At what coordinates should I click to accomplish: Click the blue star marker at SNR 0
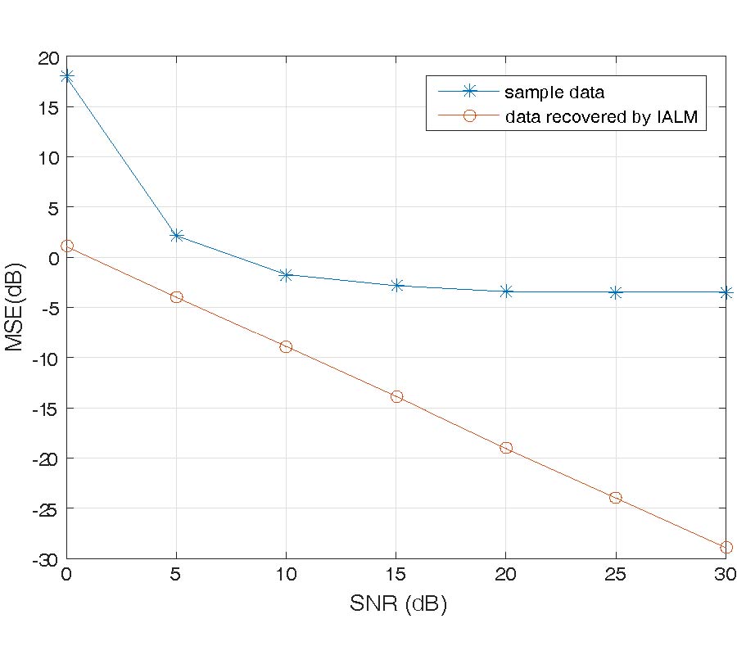tap(66, 76)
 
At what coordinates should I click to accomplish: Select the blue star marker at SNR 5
tap(176, 236)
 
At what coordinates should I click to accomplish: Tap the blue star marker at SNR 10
tap(286, 275)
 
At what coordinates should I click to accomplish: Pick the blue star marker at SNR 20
tap(506, 291)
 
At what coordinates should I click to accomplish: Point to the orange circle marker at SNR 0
tap(67, 246)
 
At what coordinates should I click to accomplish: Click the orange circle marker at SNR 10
tap(286, 346)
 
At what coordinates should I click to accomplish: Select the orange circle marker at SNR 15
tap(396, 396)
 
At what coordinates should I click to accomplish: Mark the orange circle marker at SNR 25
tap(616, 497)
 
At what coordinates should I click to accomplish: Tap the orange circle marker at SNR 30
tap(726, 547)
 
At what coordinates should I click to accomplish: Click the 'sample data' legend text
tap(554, 91)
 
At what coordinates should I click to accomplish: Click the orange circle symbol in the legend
tap(469, 116)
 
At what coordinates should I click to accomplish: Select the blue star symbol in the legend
tap(469, 91)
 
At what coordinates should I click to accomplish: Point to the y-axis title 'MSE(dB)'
tap(16, 308)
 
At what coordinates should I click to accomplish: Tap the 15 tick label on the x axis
tap(396, 574)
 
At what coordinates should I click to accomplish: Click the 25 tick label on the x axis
tap(616, 574)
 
